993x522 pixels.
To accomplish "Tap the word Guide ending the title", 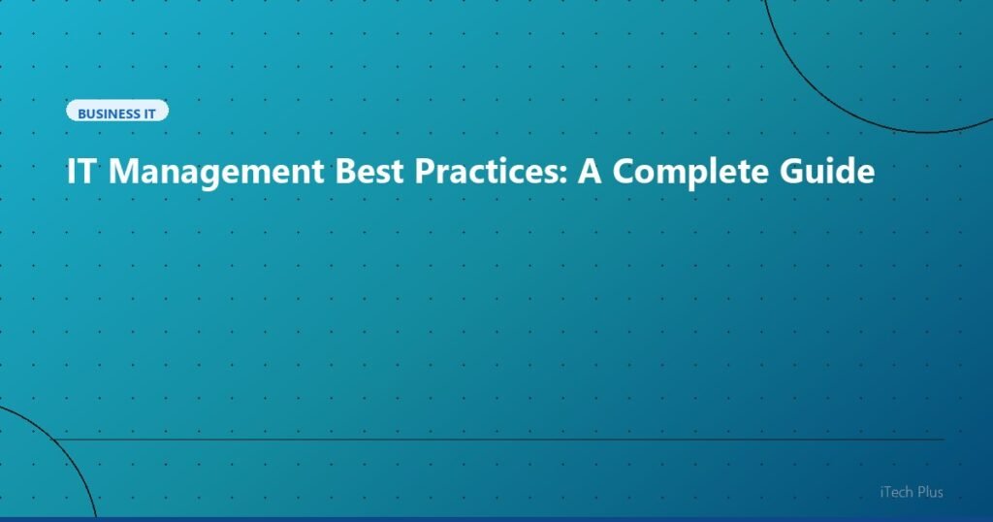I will pos(827,172).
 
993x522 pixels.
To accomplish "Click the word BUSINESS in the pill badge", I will pos(109,114).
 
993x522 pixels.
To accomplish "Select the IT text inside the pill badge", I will pos(150,114).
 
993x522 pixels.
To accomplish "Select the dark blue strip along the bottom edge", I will pos(496,519).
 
